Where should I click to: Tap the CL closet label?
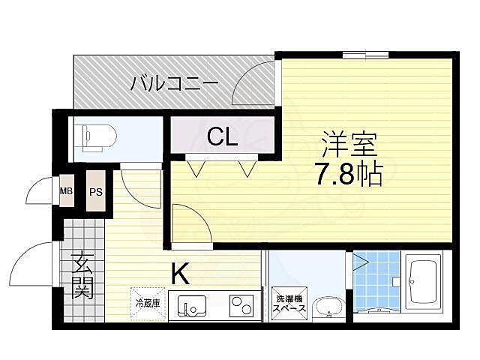coord(223,136)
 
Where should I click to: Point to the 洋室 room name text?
coord(349,143)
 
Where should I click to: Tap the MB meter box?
coord(67,190)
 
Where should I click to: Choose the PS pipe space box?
coord(95,190)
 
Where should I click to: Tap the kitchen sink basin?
coord(191,307)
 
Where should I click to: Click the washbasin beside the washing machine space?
coord(328,307)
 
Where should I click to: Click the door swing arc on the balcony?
coord(252,82)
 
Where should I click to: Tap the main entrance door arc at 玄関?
coord(32,264)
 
